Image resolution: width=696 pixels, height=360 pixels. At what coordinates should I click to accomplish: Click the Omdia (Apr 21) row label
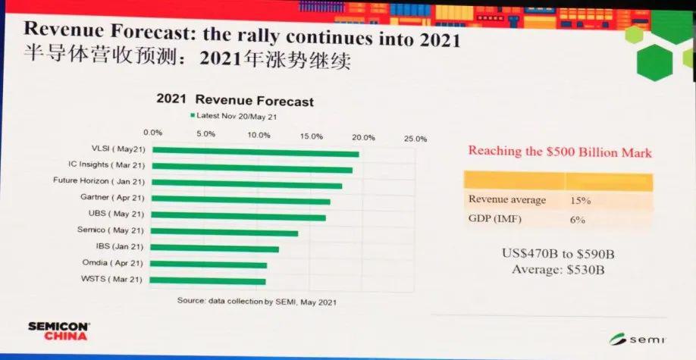coord(113,263)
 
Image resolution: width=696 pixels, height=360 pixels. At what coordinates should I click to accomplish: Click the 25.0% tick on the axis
coord(415,139)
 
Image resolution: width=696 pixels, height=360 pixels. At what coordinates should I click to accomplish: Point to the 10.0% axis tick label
coord(259,136)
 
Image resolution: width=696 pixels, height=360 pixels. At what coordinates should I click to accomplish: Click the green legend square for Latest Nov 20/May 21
coord(193,115)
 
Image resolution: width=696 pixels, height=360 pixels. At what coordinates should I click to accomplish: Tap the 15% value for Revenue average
coord(581,200)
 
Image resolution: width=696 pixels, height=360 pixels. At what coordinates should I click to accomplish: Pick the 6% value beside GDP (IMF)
coord(578,219)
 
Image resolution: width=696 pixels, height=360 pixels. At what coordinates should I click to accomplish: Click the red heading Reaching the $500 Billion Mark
coord(560,151)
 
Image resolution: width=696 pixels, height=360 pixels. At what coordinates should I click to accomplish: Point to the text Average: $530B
coord(559,270)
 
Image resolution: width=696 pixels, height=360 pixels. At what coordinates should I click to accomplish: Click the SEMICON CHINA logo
coord(58,330)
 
